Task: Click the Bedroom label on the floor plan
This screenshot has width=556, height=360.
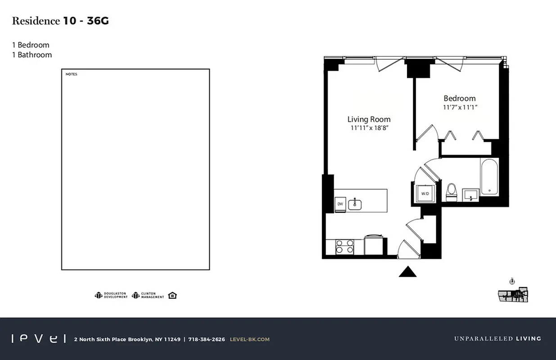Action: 459,99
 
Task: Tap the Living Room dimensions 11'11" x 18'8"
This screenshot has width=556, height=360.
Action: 369,128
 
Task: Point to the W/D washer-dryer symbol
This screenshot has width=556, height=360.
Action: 425,193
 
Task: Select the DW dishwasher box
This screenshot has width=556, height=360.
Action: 340,204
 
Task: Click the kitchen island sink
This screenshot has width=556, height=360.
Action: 355,204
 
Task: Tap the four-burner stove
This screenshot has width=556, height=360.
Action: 345,247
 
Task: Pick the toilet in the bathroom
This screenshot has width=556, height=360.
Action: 451,193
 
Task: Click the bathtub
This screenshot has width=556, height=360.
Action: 489,176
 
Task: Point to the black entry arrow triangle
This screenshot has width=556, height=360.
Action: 408,272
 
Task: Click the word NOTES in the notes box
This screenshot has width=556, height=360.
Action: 72,74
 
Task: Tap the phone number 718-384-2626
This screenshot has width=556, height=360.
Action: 207,339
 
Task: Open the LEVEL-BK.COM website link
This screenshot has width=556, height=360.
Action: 249,339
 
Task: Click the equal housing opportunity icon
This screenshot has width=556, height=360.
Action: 172,295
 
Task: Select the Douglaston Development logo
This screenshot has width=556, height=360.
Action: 111,295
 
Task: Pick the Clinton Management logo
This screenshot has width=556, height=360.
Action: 148,295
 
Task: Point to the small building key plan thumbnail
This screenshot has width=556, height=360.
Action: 513,295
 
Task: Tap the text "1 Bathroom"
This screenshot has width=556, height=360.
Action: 32,55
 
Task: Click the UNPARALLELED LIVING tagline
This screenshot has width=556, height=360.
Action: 497,339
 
